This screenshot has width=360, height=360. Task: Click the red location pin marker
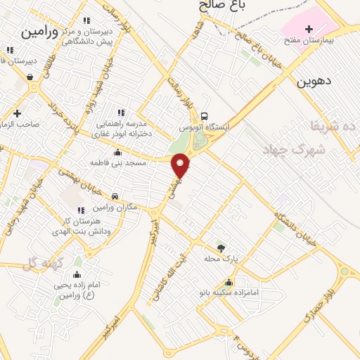[181, 165]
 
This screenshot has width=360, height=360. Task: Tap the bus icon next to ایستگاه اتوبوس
[204, 116]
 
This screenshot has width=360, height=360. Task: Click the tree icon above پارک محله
[221, 248]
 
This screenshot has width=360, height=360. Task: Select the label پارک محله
[226, 259]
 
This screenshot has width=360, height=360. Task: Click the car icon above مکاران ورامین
[114, 197]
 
